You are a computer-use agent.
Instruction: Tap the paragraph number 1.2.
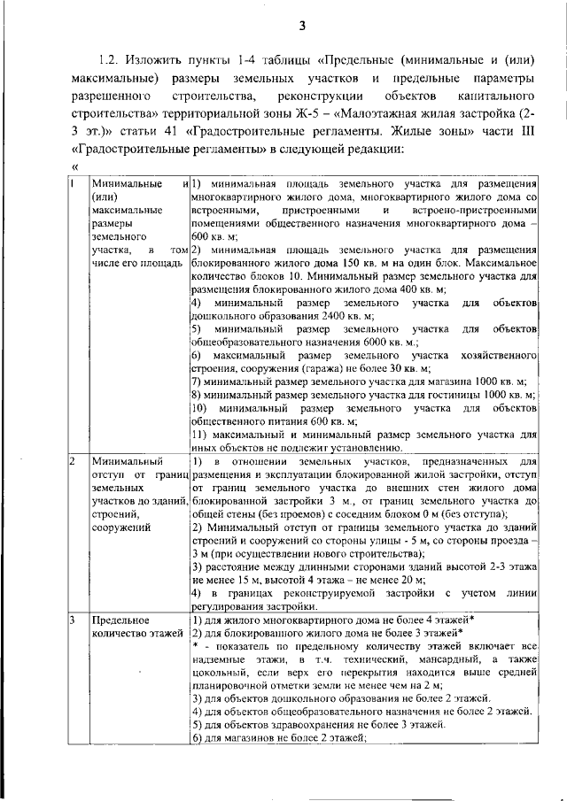point(109,60)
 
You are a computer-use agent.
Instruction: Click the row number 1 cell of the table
point(73,182)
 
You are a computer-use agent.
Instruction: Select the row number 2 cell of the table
point(73,461)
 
